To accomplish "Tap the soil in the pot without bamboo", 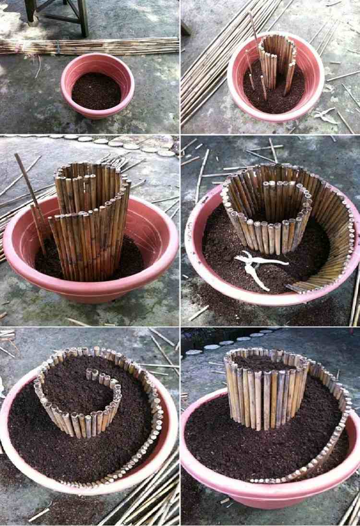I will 96,91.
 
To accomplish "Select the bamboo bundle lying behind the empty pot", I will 91,46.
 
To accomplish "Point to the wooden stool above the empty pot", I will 58,12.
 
